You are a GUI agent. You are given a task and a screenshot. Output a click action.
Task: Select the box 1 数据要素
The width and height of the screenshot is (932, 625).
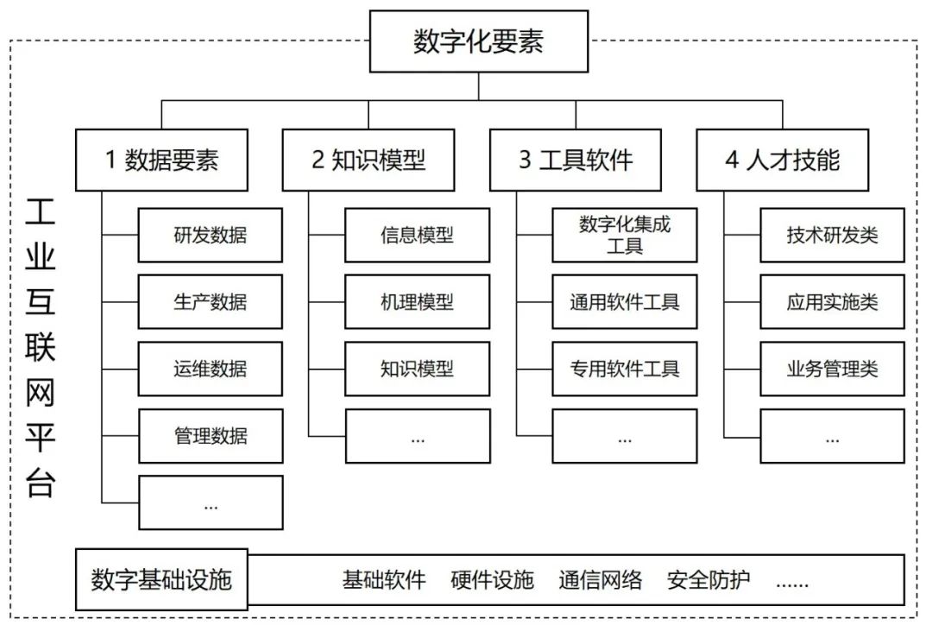tap(161, 160)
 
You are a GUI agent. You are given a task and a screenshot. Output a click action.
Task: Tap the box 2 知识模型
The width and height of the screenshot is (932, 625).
tap(368, 160)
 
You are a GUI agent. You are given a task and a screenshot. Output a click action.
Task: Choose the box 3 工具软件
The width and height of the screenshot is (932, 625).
tap(576, 160)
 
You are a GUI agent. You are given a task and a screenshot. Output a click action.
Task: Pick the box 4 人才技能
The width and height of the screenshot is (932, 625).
tap(783, 160)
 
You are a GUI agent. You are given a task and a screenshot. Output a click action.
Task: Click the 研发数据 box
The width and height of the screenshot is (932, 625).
tap(210, 235)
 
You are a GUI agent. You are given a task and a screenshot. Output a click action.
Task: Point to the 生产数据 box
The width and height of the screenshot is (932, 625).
tap(210, 301)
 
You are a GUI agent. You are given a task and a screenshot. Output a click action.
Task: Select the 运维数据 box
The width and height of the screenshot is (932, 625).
tap(210, 369)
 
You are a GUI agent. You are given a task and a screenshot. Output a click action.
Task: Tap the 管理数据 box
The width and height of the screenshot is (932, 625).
tap(210, 435)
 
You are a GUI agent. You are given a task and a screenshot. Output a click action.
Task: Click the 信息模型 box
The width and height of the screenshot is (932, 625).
tap(417, 235)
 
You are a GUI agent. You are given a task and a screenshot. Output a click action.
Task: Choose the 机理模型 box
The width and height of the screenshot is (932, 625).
tap(417, 301)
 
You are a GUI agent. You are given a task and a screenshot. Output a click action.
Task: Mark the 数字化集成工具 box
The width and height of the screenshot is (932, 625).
tap(624, 235)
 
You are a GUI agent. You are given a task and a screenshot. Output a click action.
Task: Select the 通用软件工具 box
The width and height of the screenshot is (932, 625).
tap(624, 301)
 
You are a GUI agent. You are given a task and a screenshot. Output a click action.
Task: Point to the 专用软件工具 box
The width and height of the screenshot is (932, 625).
tap(624, 369)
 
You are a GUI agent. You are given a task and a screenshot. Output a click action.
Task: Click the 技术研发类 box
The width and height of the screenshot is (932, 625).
tap(832, 235)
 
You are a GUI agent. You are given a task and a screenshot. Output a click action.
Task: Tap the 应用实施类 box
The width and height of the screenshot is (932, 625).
tap(832, 301)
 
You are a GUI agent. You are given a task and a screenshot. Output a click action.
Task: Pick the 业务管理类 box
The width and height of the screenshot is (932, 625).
tap(832, 369)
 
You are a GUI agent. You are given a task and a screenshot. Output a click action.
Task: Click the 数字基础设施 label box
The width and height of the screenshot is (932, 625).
tap(161, 579)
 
